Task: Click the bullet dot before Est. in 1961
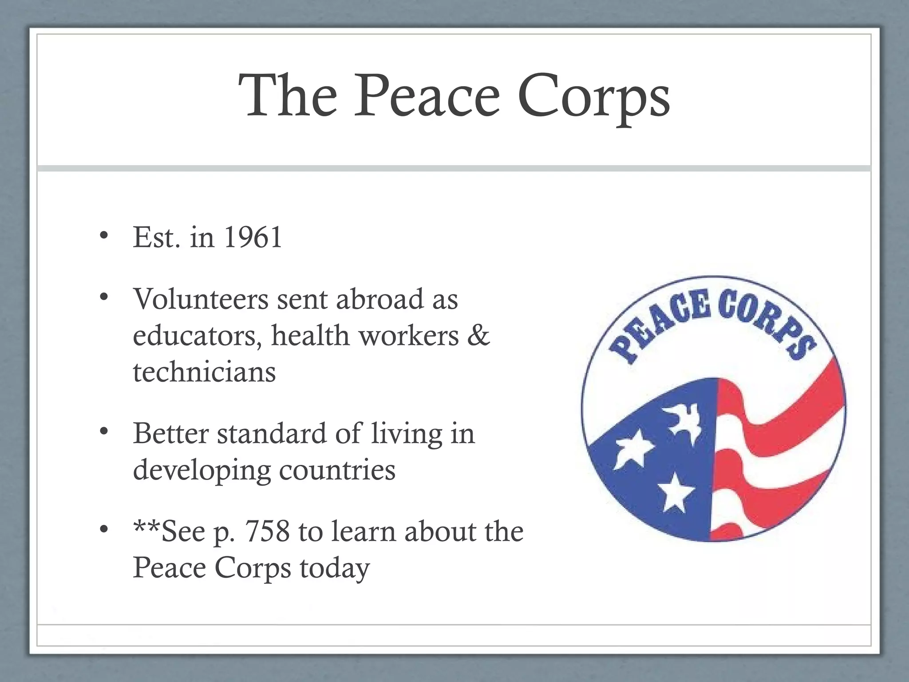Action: click(x=104, y=236)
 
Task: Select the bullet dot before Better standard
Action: click(x=104, y=432)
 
